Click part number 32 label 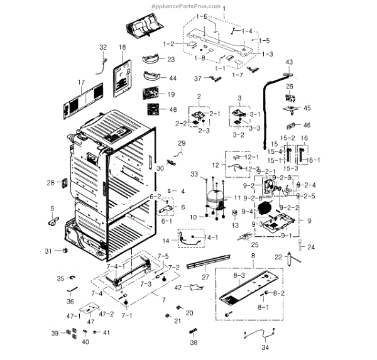[103, 48]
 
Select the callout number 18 [121, 48]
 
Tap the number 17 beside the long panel [80, 82]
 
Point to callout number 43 [289, 62]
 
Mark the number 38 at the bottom [194, 343]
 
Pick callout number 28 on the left [50, 183]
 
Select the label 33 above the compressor [194, 173]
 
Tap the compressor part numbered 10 [212, 200]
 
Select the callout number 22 [278, 257]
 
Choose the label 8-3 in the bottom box [239, 275]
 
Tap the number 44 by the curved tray [172, 79]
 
